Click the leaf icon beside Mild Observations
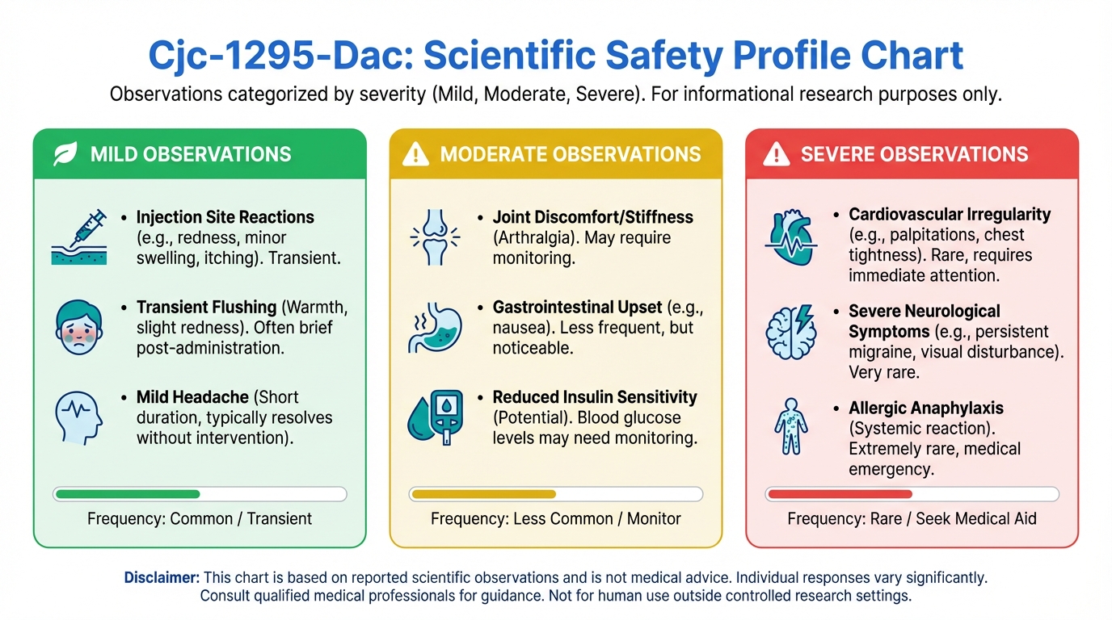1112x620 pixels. click(65, 153)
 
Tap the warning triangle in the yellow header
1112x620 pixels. click(415, 153)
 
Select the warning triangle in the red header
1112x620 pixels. click(776, 153)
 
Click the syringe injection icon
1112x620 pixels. click(79, 237)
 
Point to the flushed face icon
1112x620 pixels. click(79, 328)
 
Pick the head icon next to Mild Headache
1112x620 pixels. click(79, 417)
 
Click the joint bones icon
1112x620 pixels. click(435, 237)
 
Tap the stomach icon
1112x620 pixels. click(435, 328)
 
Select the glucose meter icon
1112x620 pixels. click(436, 417)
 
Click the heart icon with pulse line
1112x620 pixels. click(791, 237)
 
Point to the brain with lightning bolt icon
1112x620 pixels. click(791, 331)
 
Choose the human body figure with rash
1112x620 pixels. click(791, 426)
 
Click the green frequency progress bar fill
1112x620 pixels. click(128, 494)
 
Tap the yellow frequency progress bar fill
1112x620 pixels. click(484, 494)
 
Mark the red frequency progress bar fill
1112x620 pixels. click(840, 494)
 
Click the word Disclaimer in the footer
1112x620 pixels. click(162, 578)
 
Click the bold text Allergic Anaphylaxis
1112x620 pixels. click(926, 408)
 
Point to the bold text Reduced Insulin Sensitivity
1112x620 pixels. click(595, 397)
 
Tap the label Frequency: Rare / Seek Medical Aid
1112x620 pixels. click(912, 519)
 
